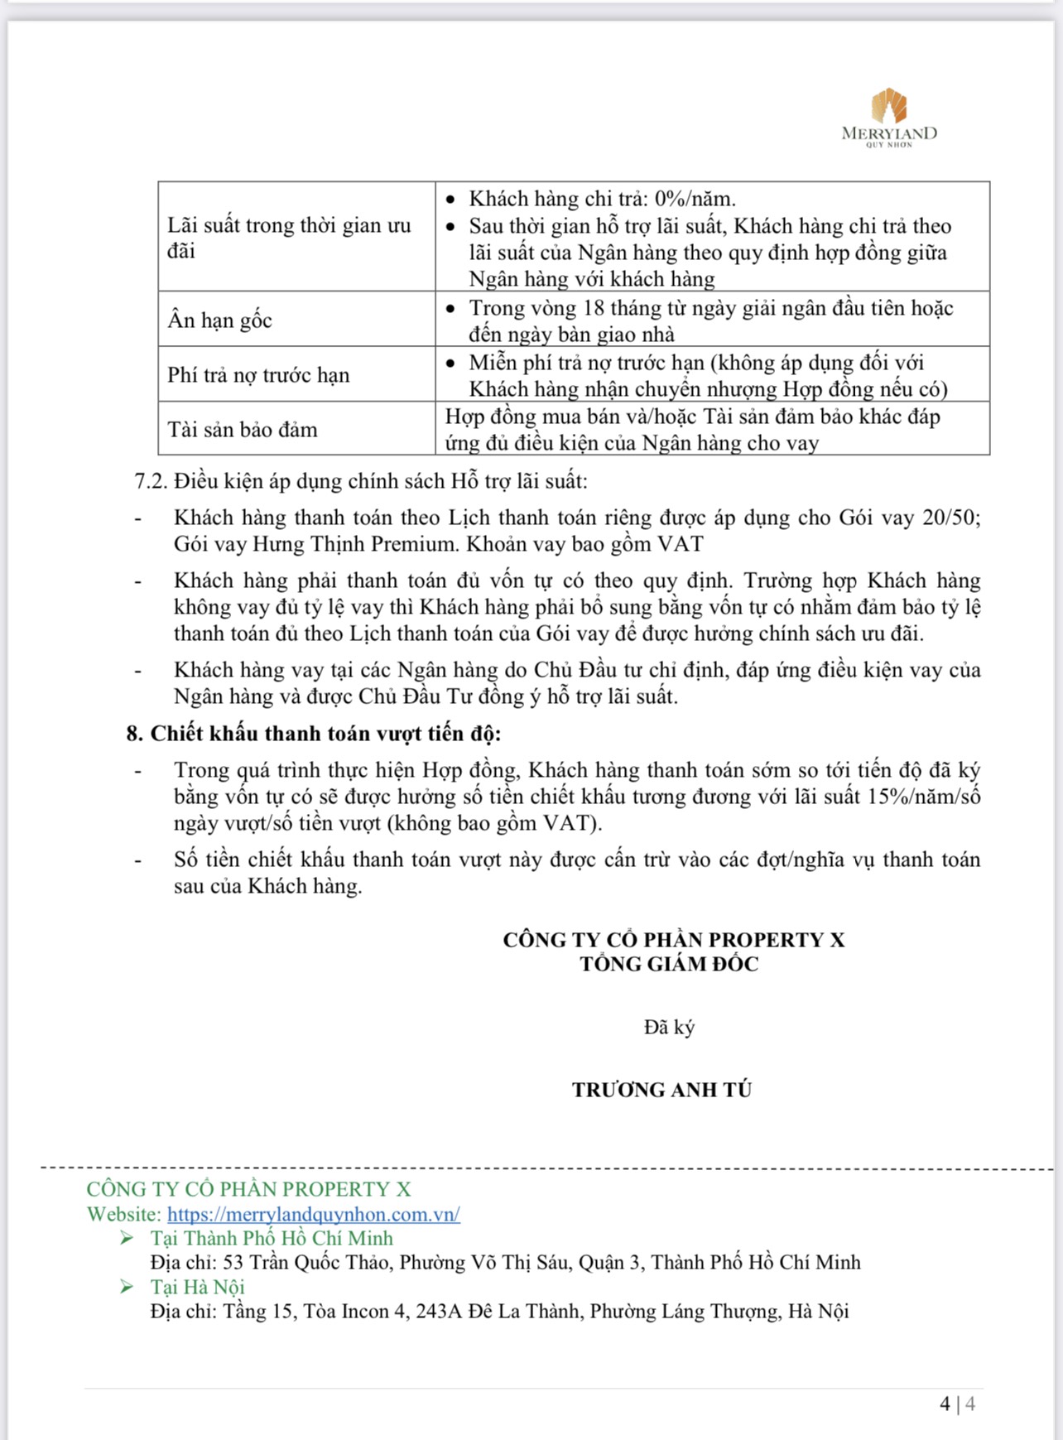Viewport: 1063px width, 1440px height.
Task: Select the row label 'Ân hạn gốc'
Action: tap(219, 320)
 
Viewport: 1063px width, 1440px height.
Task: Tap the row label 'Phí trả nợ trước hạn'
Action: tap(258, 375)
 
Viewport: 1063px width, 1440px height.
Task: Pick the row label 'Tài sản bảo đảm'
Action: tap(243, 430)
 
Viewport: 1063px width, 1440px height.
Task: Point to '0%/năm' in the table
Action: tap(695, 199)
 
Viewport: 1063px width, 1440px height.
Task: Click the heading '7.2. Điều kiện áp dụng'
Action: tap(361, 481)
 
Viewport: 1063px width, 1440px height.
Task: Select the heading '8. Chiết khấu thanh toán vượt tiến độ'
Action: tap(314, 734)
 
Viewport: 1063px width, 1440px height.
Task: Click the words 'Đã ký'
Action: tap(669, 1028)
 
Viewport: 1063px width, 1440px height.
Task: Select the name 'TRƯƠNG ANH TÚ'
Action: tap(661, 1090)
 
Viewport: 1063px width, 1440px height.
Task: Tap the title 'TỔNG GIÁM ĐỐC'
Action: tap(669, 964)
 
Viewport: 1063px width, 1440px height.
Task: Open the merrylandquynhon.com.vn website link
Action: tap(314, 1215)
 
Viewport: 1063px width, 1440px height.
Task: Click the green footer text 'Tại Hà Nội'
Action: tap(197, 1287)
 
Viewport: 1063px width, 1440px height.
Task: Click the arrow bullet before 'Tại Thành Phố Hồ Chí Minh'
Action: tap(127, 1238)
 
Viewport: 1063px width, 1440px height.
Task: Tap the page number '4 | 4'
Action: tap(957, 1404)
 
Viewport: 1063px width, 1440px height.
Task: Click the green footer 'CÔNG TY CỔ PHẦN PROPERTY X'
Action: tap(248, 1189)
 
